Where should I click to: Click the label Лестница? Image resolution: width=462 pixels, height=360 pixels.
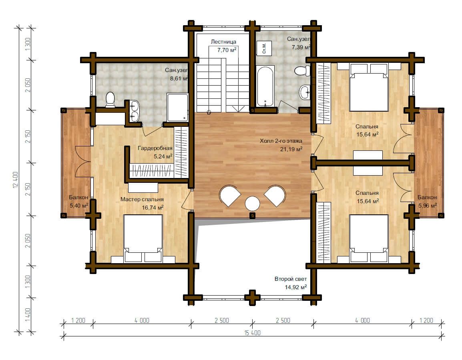223,42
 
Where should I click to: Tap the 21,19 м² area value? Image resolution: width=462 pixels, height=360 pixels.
291,149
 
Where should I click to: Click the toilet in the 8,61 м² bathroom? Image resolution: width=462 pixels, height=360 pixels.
110,100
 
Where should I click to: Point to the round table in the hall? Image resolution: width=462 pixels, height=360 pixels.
252,204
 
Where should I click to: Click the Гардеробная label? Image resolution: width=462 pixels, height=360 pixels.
155,148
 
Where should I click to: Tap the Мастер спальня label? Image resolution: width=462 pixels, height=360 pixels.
142,199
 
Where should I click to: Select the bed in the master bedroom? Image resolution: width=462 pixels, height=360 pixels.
143,238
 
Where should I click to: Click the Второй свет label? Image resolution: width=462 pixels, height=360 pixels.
291,279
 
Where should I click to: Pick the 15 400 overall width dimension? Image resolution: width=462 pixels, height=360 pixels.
253,333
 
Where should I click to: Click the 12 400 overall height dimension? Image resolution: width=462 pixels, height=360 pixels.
16,180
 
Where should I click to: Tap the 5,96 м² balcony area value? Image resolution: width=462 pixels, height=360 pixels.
428,206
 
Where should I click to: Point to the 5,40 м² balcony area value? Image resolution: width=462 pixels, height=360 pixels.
79,206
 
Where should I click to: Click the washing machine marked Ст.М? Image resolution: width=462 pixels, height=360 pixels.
264,48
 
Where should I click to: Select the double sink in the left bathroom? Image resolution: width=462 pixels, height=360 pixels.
135,111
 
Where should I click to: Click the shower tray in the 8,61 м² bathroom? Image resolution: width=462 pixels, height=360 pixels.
177,108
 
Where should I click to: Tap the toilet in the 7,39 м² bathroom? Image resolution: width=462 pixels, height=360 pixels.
302,71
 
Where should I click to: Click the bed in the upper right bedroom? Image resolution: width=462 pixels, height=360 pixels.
369,88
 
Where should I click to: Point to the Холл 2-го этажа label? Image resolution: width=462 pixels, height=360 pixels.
281,141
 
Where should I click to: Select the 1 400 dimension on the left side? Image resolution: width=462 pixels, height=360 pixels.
28,315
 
